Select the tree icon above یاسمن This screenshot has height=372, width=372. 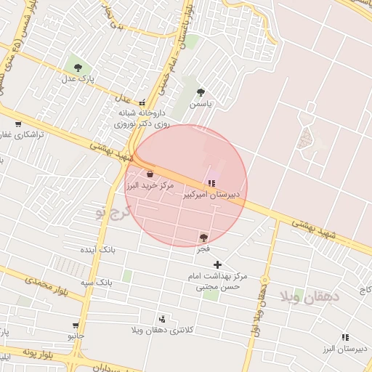[201, 92]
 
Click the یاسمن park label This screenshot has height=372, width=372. [201, 104]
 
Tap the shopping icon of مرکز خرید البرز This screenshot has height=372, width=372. [150, 174]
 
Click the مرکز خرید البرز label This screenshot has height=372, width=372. [150, 186]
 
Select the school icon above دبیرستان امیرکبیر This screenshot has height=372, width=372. [211, 183]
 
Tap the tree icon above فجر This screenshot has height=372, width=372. [203, 237]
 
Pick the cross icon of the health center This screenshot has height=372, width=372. [217, 264]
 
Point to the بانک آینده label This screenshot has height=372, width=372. [118, 249]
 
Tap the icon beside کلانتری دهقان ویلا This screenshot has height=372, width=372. [161, 318]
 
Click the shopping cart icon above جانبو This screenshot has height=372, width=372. [76, 325]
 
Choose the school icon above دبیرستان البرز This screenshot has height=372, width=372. [344, 337]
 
